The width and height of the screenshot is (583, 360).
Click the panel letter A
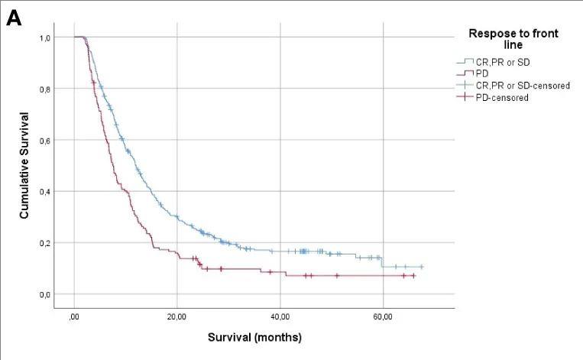[14, 18]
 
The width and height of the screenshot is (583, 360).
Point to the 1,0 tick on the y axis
[47, 37]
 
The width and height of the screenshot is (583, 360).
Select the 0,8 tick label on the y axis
[47, 89]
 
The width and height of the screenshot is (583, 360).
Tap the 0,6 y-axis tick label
[47, 140]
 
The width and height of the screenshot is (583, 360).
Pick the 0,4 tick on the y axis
[47, 191]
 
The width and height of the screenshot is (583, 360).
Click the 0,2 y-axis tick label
[47, 243]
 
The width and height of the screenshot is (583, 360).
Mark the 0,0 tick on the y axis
[47, 294]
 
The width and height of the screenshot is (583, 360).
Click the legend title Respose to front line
[513, 39]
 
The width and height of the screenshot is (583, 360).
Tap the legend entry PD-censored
[501, 97]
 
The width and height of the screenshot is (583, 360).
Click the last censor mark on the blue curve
[421, 267]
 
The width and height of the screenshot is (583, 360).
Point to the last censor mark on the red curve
[413, 275]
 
